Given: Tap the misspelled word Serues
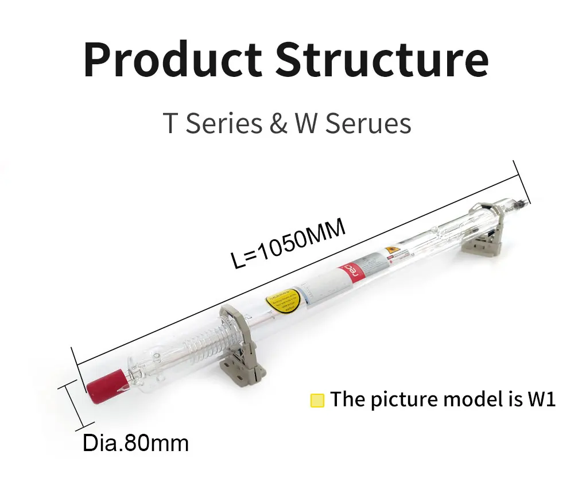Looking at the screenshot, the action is [x=369, y=124].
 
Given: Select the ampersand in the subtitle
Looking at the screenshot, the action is [x=278, y=124].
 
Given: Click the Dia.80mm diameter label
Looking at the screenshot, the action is [x=136, y=442].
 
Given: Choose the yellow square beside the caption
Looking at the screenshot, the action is [x=317, y=400].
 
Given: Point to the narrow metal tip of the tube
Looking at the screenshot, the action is [x=523, y=201].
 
